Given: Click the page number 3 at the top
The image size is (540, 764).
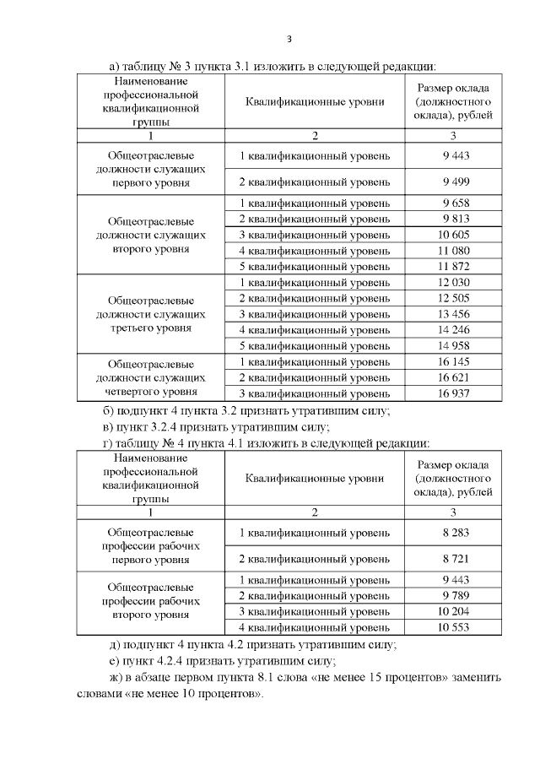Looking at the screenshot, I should [289, 39].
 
